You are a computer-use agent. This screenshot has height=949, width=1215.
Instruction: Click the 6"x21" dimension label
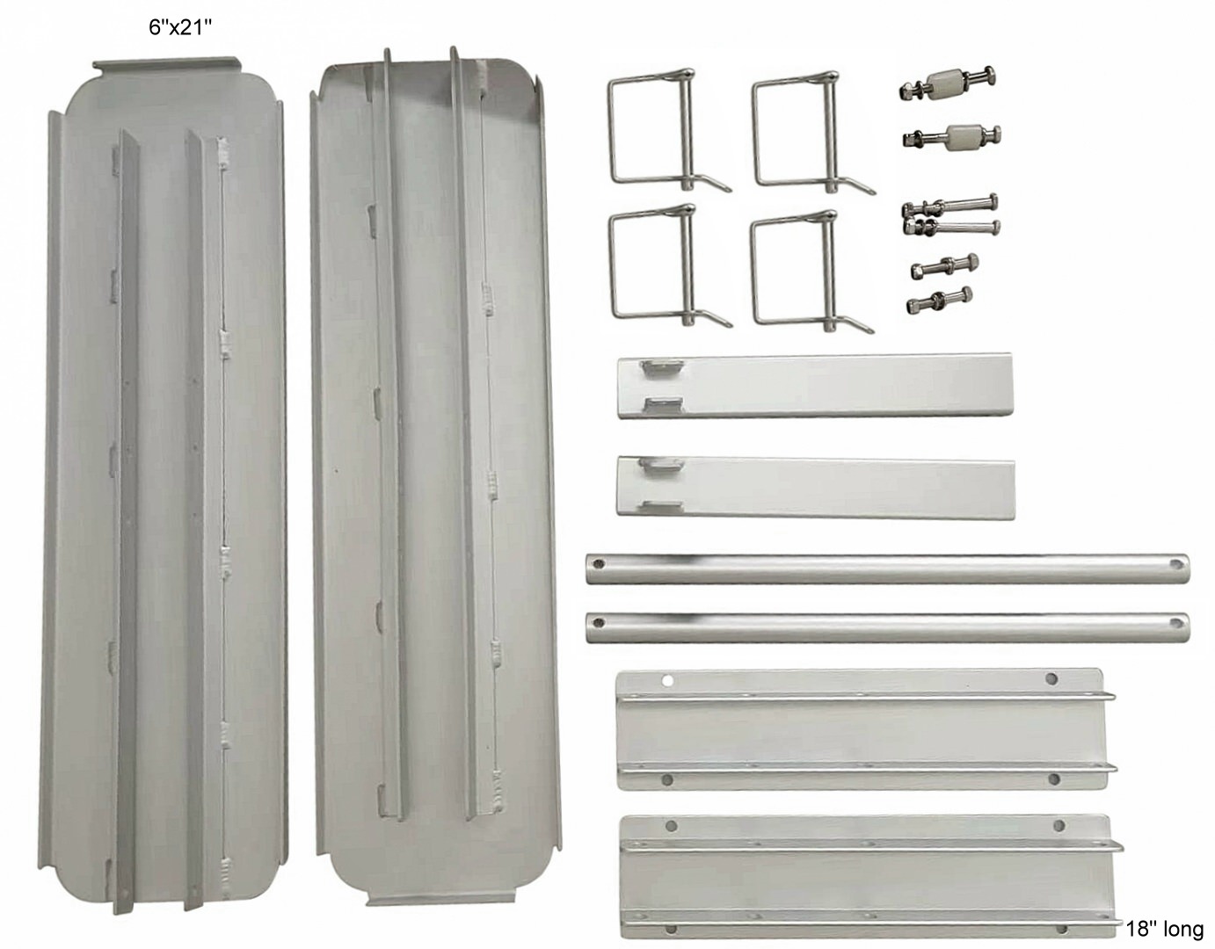click(180, 27)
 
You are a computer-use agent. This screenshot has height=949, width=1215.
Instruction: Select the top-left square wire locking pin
click(668, 131)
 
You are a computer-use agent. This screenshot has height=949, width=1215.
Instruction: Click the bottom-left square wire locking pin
click(669, 266)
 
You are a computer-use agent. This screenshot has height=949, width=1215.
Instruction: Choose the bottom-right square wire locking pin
click(811, 272)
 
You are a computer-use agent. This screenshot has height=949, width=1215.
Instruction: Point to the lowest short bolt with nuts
click(939, 300)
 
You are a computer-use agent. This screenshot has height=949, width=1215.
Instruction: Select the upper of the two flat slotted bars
click(814, 386)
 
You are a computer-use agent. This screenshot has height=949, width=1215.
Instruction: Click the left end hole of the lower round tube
click(599, 621)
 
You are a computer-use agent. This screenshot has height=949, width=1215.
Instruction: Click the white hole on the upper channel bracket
click(667, 681)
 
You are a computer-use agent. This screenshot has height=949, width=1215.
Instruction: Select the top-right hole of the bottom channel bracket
click(1059, 825)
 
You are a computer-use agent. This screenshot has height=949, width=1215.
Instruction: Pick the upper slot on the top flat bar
click(663, 366)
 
